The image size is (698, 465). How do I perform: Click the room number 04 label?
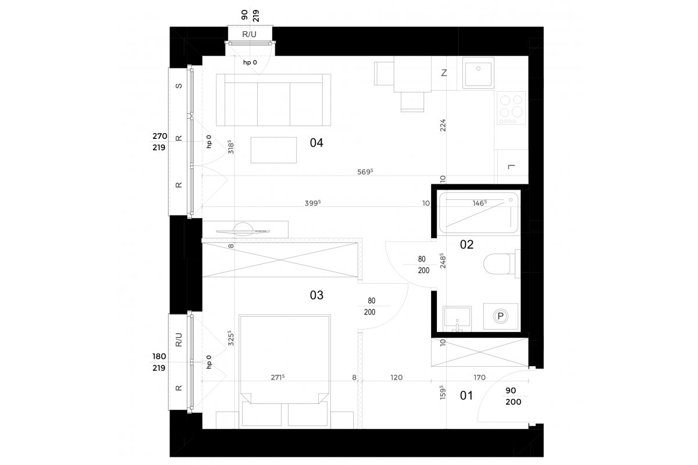click(316, 142)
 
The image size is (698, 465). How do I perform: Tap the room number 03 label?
click(316, 295)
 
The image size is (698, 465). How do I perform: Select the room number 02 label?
click(466, 245)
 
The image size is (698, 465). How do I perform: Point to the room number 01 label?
click(466, 396)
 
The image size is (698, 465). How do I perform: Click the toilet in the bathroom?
click(501, 263)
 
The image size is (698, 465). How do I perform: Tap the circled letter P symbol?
click(500, 316)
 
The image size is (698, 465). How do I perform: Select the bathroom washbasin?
click(457, 319)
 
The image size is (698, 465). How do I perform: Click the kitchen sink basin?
click(478, 73)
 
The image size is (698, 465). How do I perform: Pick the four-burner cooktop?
click(511, 108)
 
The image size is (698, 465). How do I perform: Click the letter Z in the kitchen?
click(444, 73)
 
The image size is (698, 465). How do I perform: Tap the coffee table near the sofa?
click(273, 150)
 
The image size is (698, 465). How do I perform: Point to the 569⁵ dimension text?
click(365, 171)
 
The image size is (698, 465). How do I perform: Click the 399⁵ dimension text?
click(312, 203)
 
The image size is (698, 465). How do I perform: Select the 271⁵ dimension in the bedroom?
click(277, 377)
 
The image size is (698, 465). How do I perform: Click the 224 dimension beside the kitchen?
click(443, 125)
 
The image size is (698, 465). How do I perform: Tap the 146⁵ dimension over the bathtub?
click(479, 203)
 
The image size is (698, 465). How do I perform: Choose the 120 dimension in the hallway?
click(396, 377)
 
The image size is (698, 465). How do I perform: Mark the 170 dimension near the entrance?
click(479, 377)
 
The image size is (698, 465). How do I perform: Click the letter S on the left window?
click(179, 85)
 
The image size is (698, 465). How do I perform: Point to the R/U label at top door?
click(250, 34)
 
